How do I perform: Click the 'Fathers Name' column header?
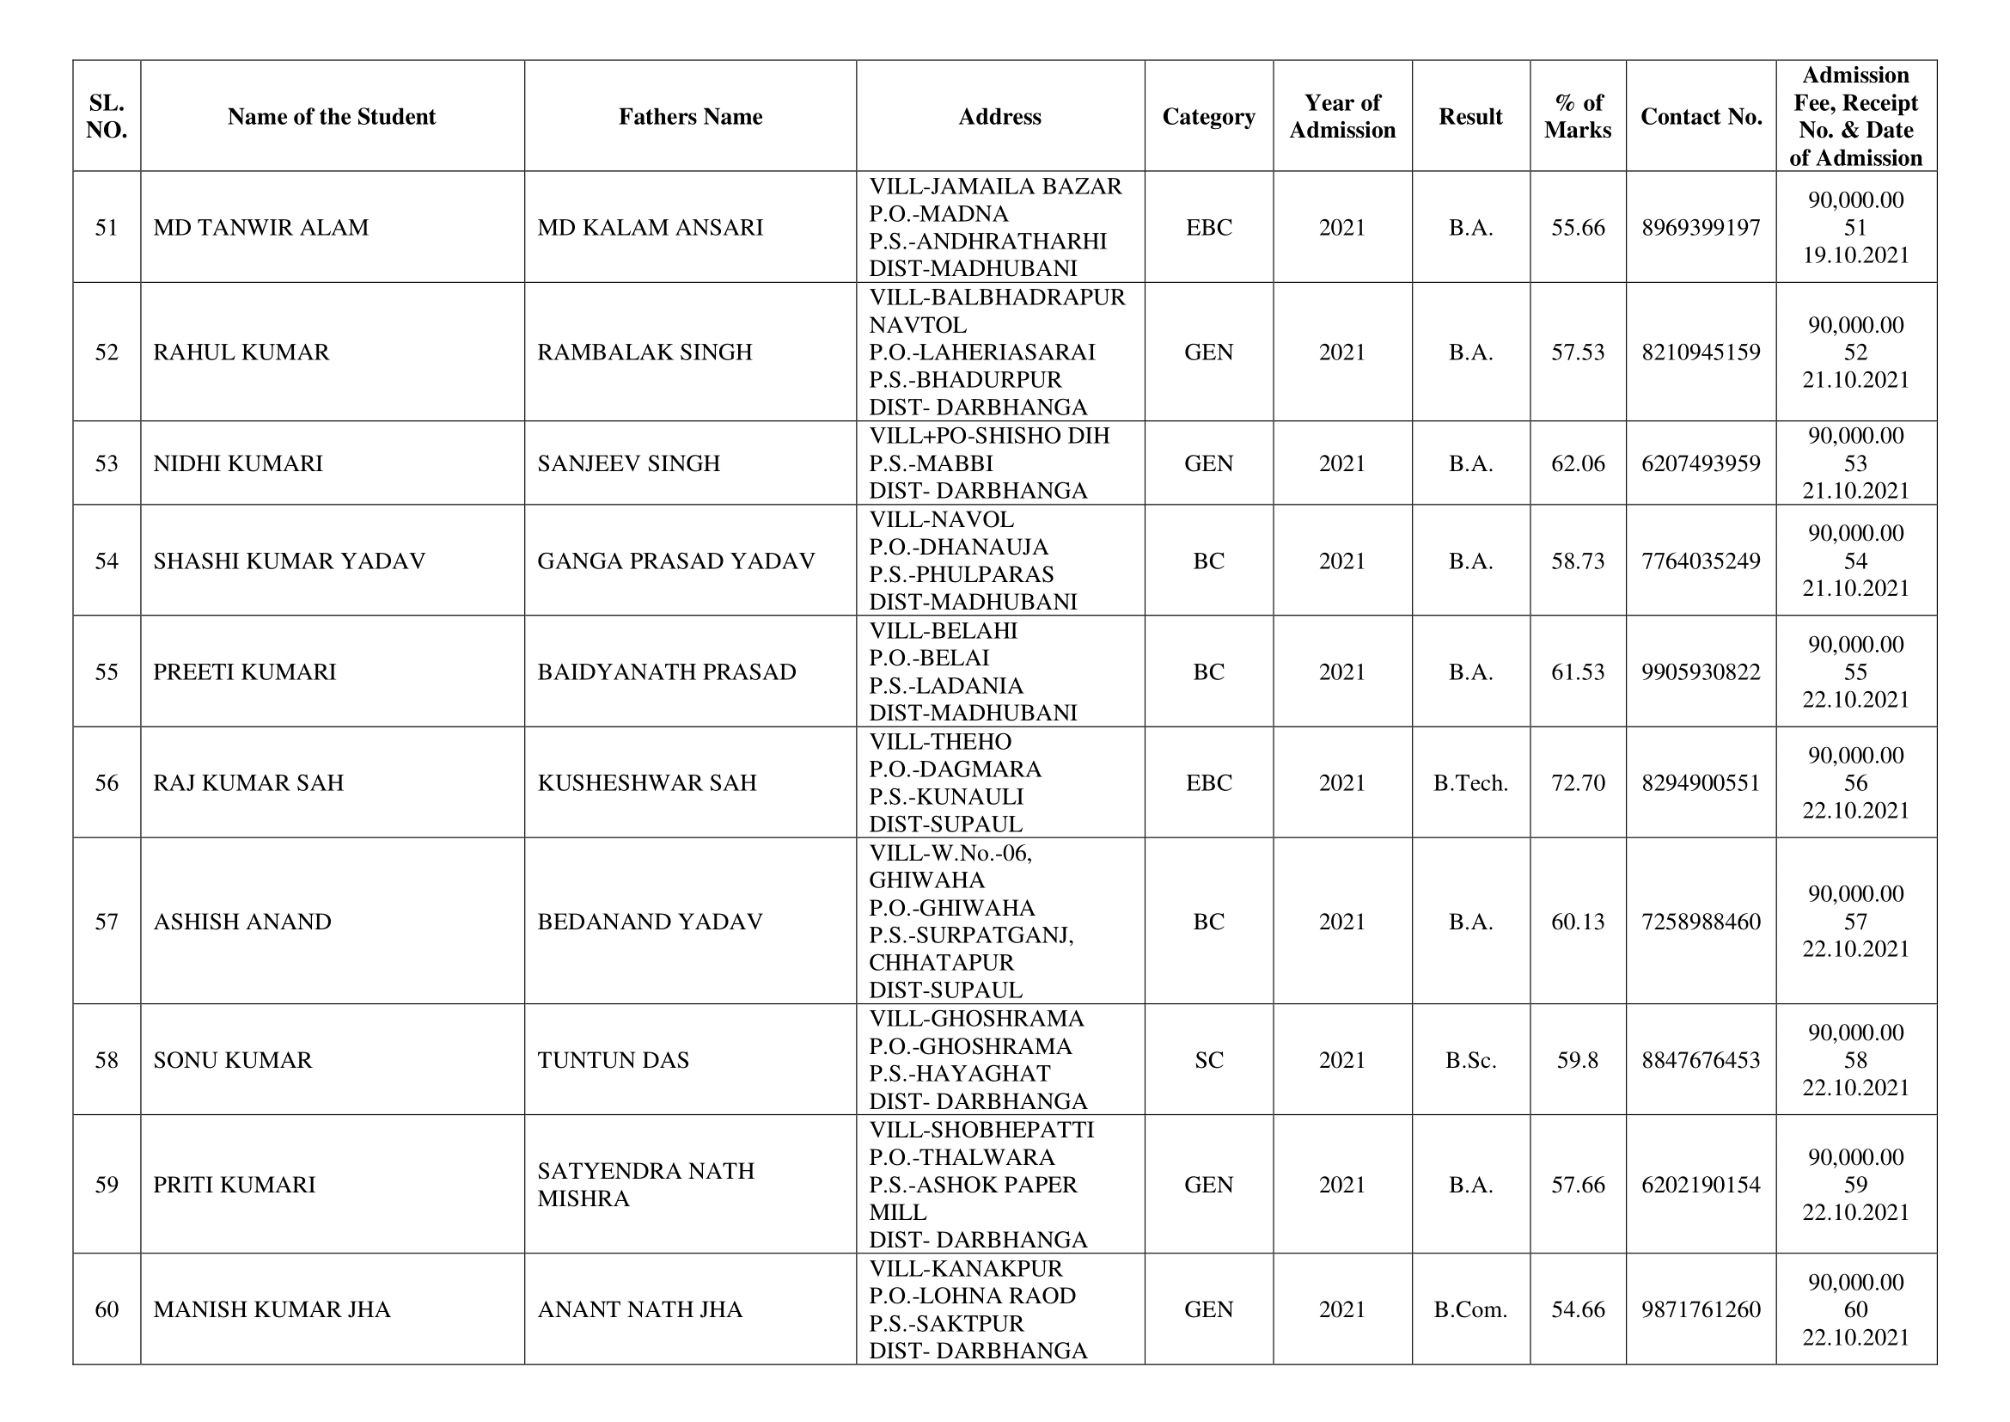pyautogui.click(x=690, y=116)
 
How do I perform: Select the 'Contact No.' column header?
pyautogui.click(x=1700, y=116)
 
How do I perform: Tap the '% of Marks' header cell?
pyautogui.click(x=1578, y=116)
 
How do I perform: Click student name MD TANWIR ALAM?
pyautogui.click(x=261, y=228)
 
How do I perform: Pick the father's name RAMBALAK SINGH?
pyautogui.click(x=645, y=352)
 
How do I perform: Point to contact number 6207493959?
pyautogui.click(x=1700, y=463)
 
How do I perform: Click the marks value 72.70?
pyautogui.click(x=1578, y=783)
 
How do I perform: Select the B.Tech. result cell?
pyautogui.click(x=1469, y=783)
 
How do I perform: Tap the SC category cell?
pyautogui.click(x=1208, y=1060)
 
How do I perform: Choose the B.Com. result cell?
pyautogui.click(x=1469, y=1310)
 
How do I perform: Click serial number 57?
pyautogui.click(x=106, y=922)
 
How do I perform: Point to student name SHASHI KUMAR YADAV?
pyautogui.click(x=289, y=561)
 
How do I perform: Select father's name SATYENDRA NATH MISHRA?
pyautogui.click(x=645, y=1185)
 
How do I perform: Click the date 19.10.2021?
pyautogui.click(x=1855, y=255)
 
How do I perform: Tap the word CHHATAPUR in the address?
pyautogui.click(x=941, y=963)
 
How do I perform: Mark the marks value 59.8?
pyautogui.click(x=1578, y=1060)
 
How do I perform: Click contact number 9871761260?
pyautogui.click(x=1700, y=1310)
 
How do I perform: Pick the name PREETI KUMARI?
pyautogui.click(x=244, y=672)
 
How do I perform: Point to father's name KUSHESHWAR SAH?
pyautogui.click(x=647, y=783)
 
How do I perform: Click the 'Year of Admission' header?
pyautogui.click(x=1342, y=116)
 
